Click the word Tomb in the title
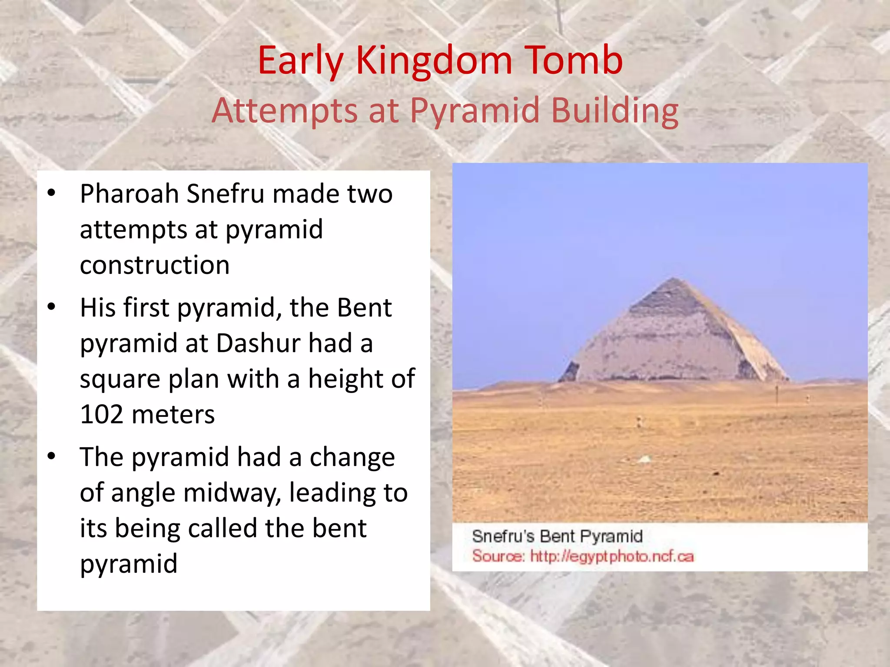coord(574,61)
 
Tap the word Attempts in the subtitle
coord(285,111)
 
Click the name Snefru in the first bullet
coord(225,194)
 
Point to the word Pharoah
coord(130,194)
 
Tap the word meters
coord(173,415)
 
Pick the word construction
coord(155,265)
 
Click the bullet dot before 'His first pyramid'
coord(52,307)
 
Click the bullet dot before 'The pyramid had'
coord(52,456)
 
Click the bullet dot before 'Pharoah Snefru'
coord(52,193)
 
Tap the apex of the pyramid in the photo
coord(674,278)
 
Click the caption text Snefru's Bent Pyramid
coord(557,536)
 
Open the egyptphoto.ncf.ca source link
coord(612,556)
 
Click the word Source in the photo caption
coord(498,556)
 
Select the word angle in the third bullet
coord(143,493)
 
